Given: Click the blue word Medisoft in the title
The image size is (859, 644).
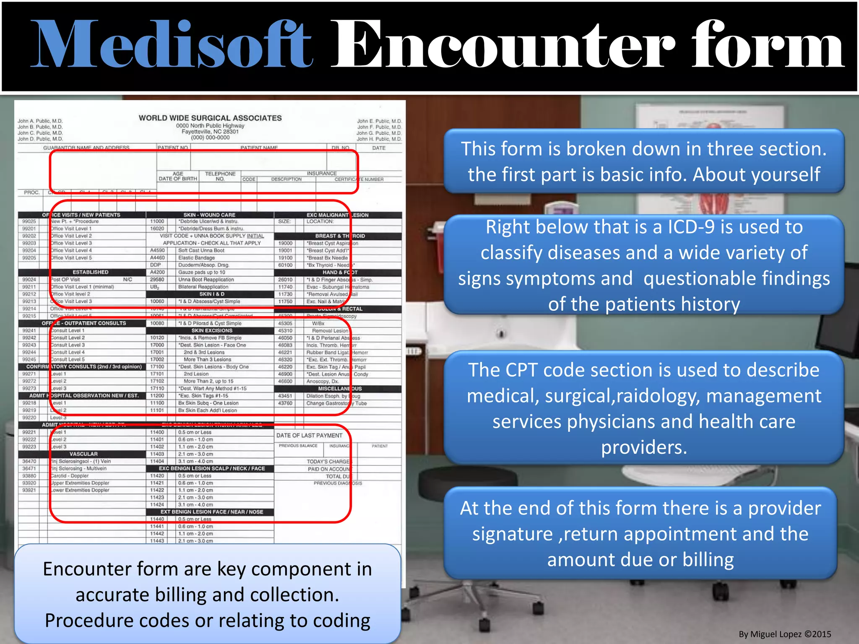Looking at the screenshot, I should tap(172, 45).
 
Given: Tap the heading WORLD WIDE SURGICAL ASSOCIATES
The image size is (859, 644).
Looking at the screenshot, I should tap(210, 118).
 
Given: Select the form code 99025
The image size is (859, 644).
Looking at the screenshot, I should tap(29, 221).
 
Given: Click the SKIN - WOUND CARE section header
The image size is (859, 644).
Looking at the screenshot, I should tap(209, 215).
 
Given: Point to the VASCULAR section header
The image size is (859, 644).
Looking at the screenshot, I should tap(83, 454).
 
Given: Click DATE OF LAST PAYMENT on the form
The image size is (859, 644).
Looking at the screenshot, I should tap(309, 436).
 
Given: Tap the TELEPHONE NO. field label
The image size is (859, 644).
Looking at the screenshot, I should tap(220, 176).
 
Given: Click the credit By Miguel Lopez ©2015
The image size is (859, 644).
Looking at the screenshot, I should tap(784, 634).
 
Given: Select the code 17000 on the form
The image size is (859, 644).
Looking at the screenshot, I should tap(157, 345).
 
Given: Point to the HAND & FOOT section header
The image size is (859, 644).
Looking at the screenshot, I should tap(340, 273).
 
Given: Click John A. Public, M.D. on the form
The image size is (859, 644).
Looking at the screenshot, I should tap(40, 121).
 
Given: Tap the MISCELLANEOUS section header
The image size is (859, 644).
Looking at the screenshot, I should tap(339, 389).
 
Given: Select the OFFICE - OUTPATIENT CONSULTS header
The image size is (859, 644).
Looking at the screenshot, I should tap(83, 323).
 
